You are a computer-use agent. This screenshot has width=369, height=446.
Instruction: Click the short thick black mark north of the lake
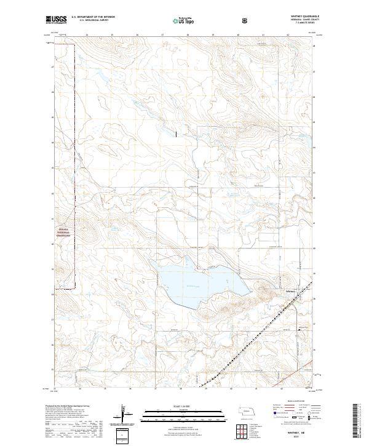(175, 132)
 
